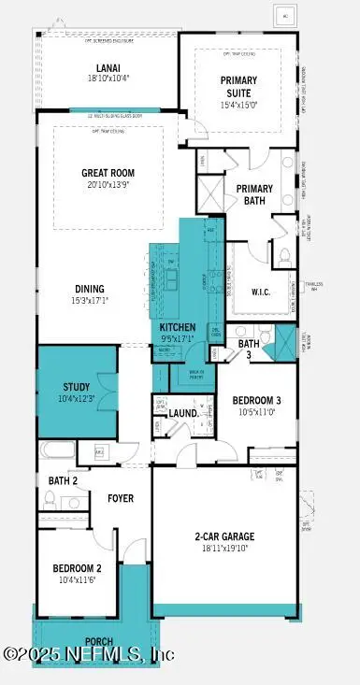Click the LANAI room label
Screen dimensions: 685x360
pyautogui.click(x=107, y=68)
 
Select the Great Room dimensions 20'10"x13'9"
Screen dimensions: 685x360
pyautogui.click(x=108, y=185)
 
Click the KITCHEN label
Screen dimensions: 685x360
pyautogui.click(x=177, y=327)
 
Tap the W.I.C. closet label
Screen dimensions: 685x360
pyautogui.click(x=263, y=291)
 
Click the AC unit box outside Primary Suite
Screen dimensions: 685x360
pyautogui.click(x=283, y=16)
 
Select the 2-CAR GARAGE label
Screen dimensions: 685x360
pyautogui.click(x=224, y=536)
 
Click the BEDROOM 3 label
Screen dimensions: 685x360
pyautogui.click(x=255, y=400)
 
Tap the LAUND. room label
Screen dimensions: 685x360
pyautogui.click(x=181, y=412)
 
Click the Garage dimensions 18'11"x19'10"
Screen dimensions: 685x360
pyautogui.click(x=224, y=549)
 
